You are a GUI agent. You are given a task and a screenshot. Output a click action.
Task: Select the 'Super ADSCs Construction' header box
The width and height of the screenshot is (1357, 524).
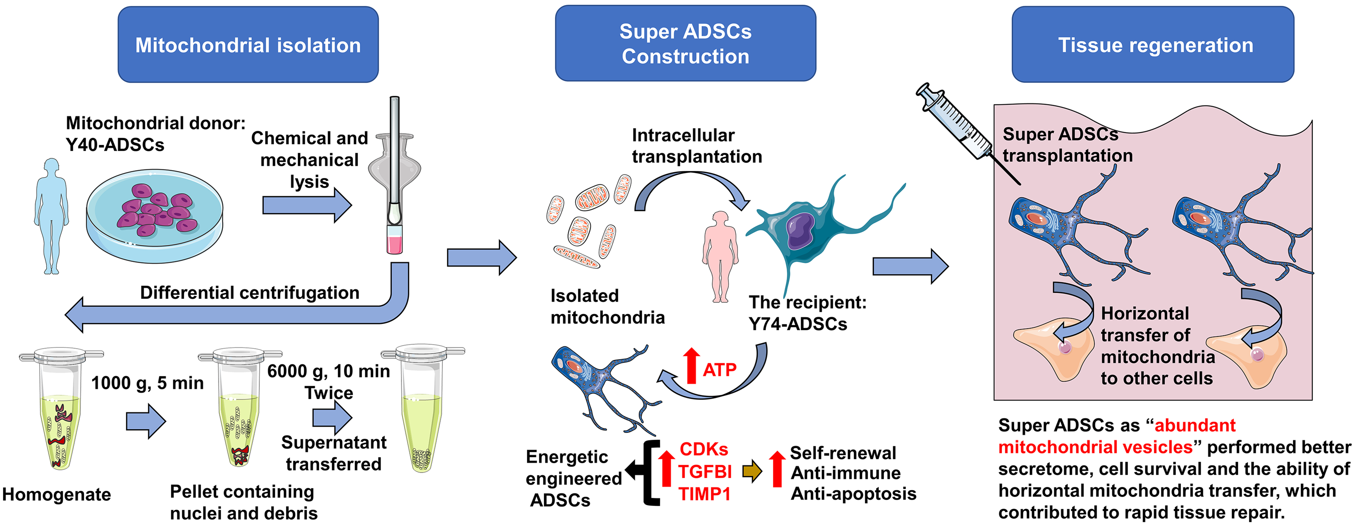coord(685,44)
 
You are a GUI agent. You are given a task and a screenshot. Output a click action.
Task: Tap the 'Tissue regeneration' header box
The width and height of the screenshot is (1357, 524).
coord(1153,45)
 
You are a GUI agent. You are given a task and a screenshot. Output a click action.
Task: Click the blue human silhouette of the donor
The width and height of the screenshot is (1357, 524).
coord(51,216)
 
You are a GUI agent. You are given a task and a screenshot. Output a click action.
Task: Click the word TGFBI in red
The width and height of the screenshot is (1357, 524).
coord(704,471)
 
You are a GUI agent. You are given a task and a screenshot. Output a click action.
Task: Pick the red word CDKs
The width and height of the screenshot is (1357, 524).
coord(703,449)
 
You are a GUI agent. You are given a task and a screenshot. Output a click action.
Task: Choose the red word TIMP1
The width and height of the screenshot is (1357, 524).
coord(704,494)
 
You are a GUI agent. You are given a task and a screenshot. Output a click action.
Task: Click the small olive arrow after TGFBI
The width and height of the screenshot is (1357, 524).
coord(752,471)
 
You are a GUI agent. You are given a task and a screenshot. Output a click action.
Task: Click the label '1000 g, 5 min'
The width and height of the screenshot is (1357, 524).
coord(147,383)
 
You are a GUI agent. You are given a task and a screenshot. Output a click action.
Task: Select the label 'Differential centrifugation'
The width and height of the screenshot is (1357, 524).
coord(249,293)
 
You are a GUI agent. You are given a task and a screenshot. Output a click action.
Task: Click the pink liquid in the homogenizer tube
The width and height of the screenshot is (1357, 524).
coord(394,244)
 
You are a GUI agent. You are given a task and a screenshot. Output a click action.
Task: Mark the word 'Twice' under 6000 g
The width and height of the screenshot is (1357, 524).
coord(328,393)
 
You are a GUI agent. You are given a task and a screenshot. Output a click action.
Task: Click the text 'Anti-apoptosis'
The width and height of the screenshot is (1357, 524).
coord(854,493)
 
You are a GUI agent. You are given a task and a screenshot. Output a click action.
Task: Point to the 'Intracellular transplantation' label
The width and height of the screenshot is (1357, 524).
coord(696,146)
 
